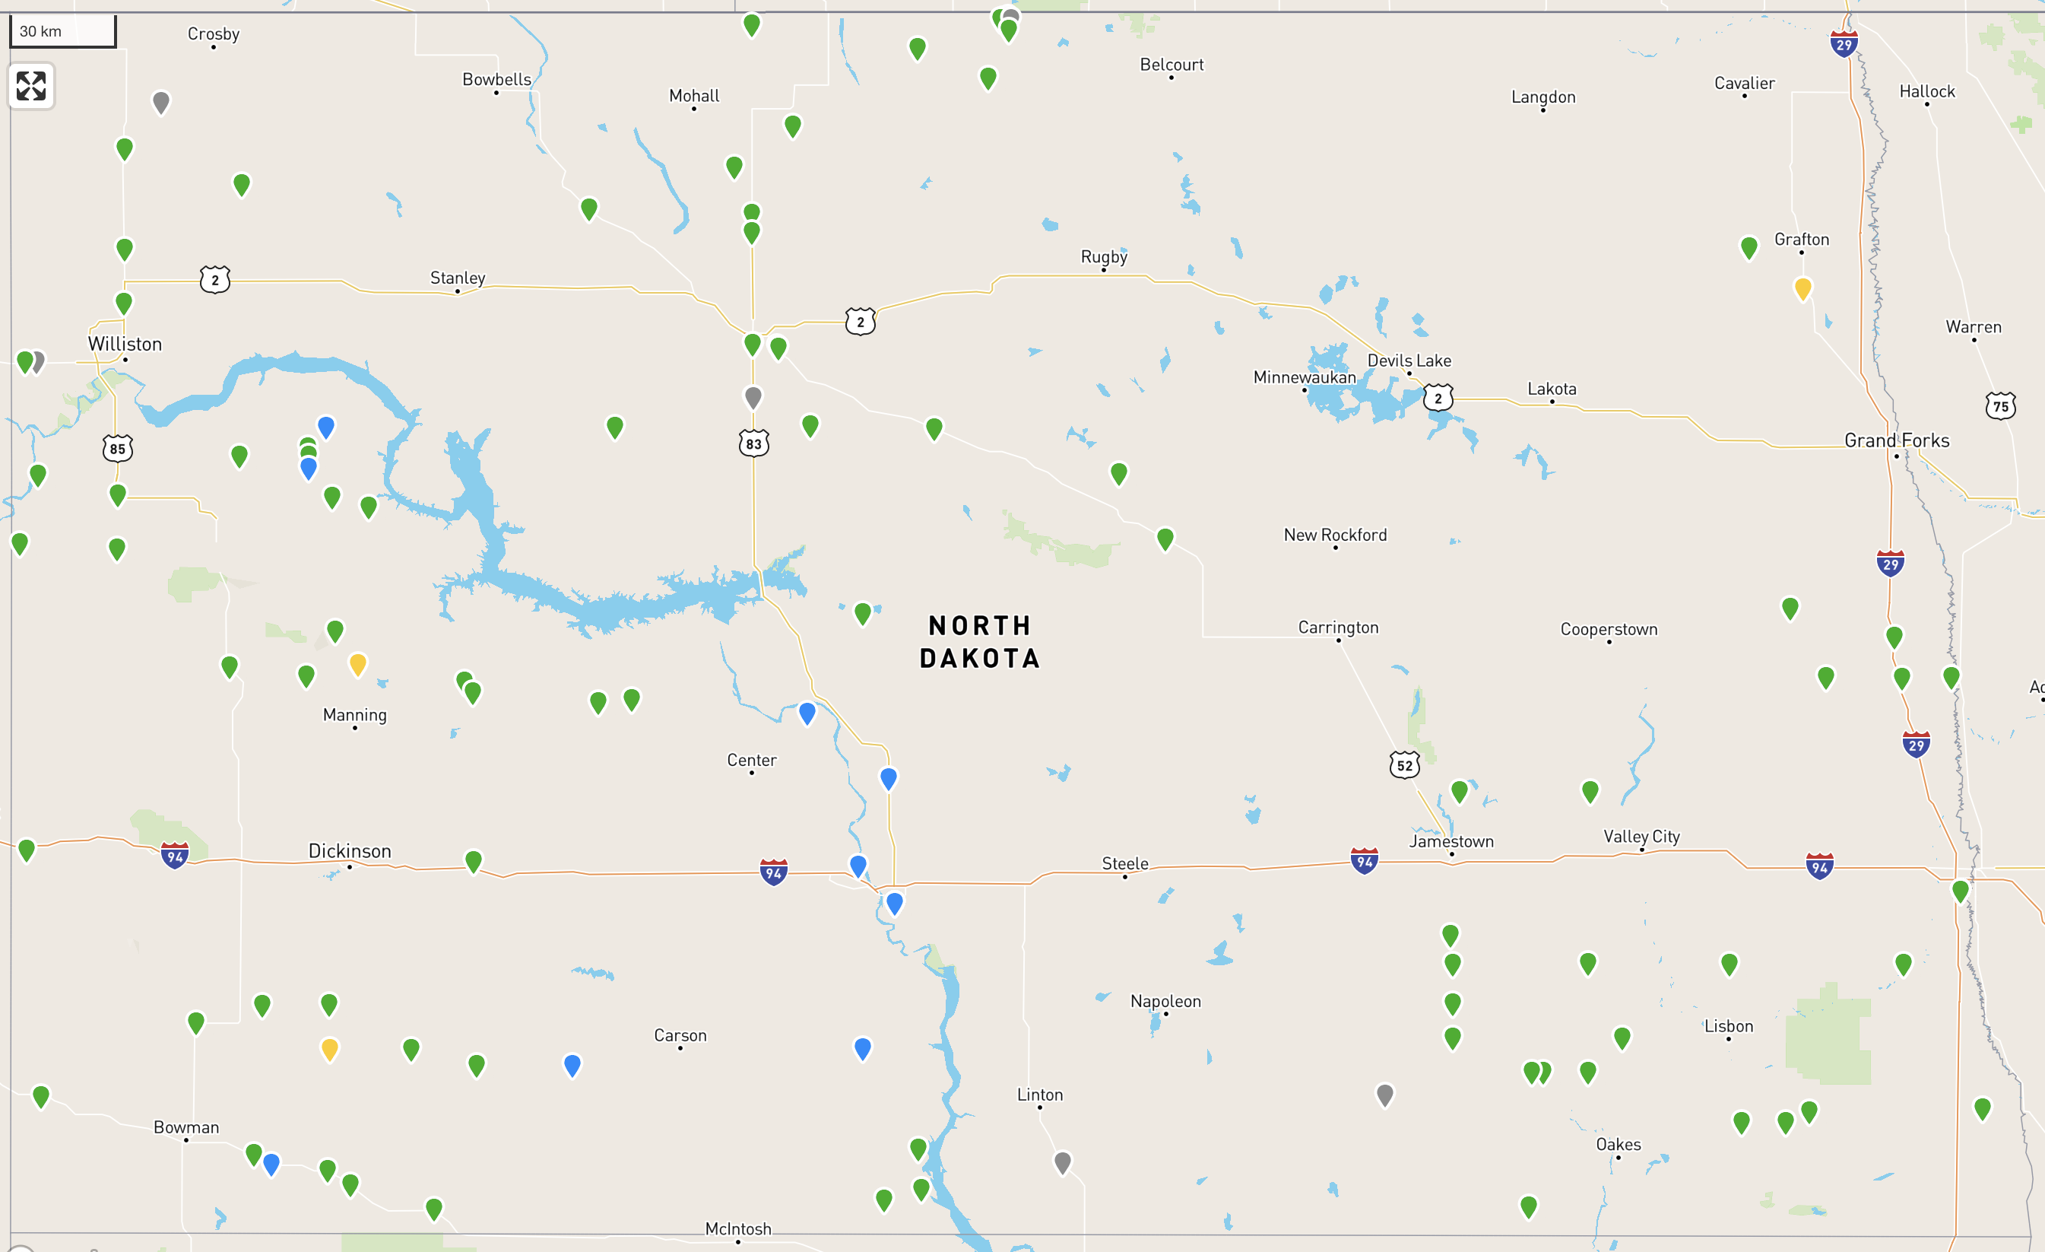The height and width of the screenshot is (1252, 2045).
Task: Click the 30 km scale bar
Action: click(x=62, y=31)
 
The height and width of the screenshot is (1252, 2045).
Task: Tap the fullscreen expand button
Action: click(x=31, y=85)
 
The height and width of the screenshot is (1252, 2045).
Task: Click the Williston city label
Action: click(x=125, y=344)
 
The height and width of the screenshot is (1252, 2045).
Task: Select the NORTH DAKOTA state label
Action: click(x=979, y=642)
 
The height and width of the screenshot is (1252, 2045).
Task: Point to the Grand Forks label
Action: click(x=1897, y=440)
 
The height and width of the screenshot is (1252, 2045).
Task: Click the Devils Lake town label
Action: click(x=1409, y=361)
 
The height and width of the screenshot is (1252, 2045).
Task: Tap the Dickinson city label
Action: click(x=350, y=851)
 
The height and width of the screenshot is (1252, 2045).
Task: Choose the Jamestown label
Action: click(x=1451, y=841)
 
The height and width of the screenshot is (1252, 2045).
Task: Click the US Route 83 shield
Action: click(x=753, y=443)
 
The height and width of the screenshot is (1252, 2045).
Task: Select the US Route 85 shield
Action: click(x=118, y=448)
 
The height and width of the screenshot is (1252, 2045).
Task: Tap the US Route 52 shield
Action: click(x=1404, y=764)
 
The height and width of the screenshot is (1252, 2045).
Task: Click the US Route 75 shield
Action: click(x=2000, y=406)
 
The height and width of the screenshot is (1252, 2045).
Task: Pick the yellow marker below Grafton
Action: click(x=1802, y=288)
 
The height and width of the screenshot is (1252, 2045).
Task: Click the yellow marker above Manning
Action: click(x=358, y=664)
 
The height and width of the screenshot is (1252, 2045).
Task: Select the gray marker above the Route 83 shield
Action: click(x=753, y=397)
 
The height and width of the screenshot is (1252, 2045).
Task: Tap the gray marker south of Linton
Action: click(x=1062, y=1161)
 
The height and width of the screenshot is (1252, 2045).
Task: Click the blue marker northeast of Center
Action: click(x=807, y=713)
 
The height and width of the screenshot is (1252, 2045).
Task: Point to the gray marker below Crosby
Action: click(x=161, y=102)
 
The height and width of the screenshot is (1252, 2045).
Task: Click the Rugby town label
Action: click(x=1104, y=256)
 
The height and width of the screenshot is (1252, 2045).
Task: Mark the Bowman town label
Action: click(x=186, y=1126)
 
